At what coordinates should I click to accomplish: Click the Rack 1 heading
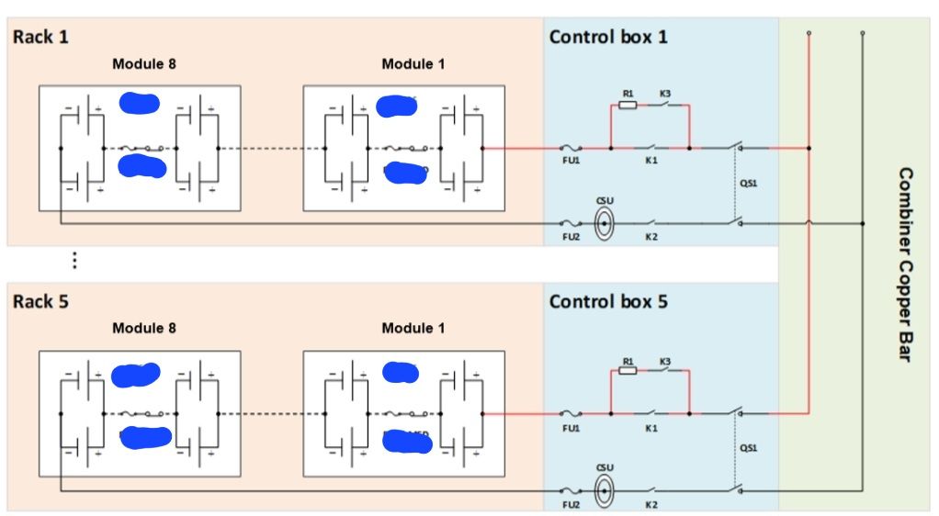(40, 38)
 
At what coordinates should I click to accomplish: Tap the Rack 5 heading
(40, 301)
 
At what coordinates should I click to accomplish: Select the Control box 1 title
(608, 38)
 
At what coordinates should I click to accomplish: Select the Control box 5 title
(608, 301)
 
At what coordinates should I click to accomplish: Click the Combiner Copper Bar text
(904, 264)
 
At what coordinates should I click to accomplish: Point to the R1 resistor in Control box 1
(628, 106)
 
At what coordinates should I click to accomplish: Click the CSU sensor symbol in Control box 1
(604, 223)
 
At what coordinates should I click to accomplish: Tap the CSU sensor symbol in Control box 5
(604, 491)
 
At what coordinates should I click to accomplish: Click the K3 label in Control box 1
(664, 94)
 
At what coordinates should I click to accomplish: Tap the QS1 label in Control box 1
(748, 183)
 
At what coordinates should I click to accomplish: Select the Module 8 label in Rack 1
(144, 64)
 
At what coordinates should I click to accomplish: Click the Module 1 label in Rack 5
(413, 328)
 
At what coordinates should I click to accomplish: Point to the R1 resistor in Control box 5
(628, 372)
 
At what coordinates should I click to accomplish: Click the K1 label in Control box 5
(651, 429)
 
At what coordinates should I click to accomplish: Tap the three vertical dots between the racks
(74, 261)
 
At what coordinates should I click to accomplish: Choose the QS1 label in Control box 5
(748, 449)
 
